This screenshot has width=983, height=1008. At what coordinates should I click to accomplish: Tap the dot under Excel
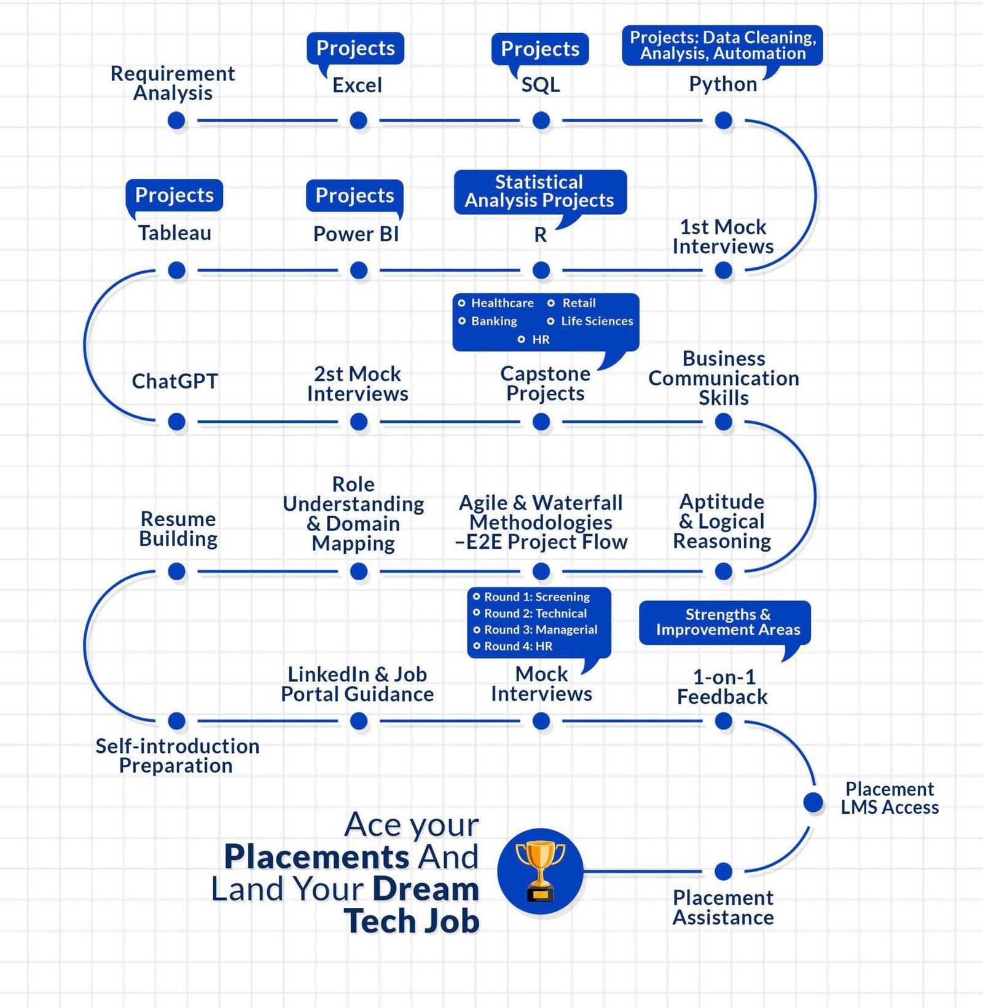pyautogui.click(x=358, y=120)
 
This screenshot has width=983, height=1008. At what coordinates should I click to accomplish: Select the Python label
pyautogui.click(x=723, y=84)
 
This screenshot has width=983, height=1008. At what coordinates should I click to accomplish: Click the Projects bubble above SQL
pyautogui.click(x=540, y=49)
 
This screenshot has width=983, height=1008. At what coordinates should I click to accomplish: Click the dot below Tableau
pyautogui.click(x=176, y=270)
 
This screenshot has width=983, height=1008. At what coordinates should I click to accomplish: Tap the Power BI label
pyautogui.click(x=356, y=234)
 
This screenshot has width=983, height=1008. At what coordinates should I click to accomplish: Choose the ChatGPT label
pyautogui.click(x=175, y=381)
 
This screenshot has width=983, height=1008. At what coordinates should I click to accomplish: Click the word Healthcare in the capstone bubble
pyautogui.click(x=502, y=303)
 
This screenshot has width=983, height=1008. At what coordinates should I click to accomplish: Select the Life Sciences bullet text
pyautogui.click(x=597, y=321)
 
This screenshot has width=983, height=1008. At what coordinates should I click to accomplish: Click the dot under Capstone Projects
pyautogui.click(x=541, y=422)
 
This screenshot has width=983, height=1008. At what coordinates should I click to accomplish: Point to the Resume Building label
pyautogui.click(x=178, y=529)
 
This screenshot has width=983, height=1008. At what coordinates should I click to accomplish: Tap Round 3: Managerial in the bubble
pyautogui.click(x=541, y=629)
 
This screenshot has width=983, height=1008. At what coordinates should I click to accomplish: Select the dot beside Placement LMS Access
pyautogui.click(x=813, y=802)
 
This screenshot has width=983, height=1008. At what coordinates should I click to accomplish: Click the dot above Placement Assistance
pyautogui.click(x=724, y=871)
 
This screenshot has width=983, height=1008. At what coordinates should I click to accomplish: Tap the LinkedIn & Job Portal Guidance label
pyautogui.click(x=358, y=684)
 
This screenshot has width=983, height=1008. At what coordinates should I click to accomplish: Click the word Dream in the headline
pyautogui.click(x=426, y=889)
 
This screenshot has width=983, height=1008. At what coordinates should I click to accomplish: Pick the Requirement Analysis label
pyautogui.click(x=173, y=83)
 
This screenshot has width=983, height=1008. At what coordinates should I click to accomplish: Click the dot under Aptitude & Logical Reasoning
pyautogui.click(x=724, y=571)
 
